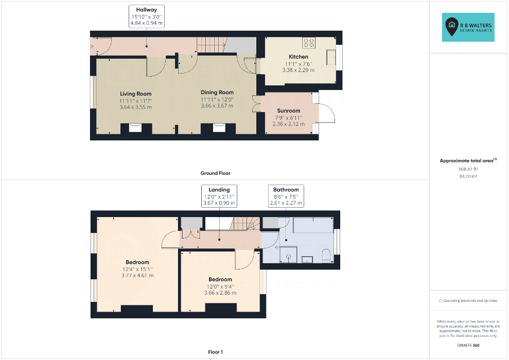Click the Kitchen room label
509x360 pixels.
pos(299,57)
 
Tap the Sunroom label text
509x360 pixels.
pos(289,111)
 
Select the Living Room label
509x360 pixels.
pos(136,94)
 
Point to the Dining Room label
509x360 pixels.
pos(217,93)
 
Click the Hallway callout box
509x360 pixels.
pos(146,16)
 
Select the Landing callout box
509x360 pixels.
pos(219,196)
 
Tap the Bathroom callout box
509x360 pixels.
pos(286,196)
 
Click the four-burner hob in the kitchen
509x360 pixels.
pos(309,43)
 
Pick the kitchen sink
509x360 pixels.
pos(331,58)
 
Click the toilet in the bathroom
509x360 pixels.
pos(326,256)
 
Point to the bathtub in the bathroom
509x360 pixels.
pos(313,225)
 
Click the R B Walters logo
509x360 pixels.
pos(468,27)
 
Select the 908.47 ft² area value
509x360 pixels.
pos(468,169)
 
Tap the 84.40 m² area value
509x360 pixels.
pos(468,176)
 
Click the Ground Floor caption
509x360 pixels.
pos(215,173)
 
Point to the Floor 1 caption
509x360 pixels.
pos(215,352)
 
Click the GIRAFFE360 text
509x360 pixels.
pos(468,345)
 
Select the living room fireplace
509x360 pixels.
pos(135,128)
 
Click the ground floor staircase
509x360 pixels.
pos(212,45)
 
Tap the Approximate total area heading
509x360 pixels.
pos(468,160)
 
